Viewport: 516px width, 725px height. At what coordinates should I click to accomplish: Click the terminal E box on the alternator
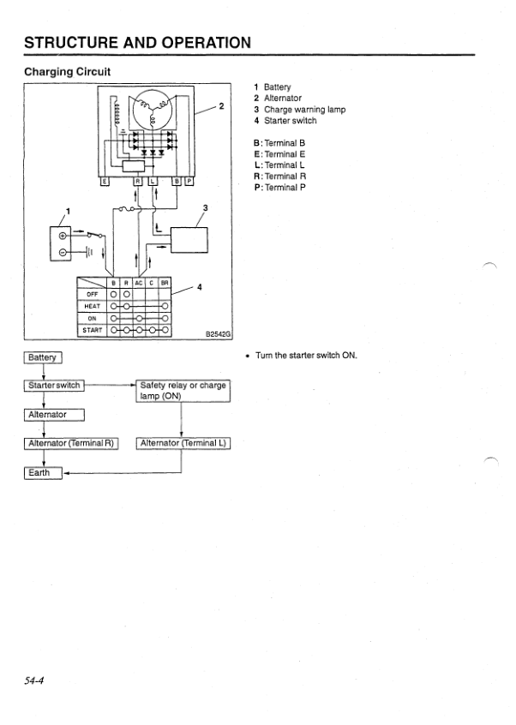[x=105, y=182]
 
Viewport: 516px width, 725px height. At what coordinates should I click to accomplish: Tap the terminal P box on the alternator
[x=190, y=182]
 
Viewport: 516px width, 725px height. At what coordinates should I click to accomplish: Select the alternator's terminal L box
[x=153, y=182]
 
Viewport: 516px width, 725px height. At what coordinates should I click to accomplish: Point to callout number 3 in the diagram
[x=205, y=208]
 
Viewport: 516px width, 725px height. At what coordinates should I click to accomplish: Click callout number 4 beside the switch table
[x=200, y=287]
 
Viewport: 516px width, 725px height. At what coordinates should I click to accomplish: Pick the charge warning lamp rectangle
[x=189, y=239]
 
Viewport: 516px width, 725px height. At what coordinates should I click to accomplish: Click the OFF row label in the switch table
[x=93, y=294]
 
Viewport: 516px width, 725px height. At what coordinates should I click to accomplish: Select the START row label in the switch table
[x=93, y=330]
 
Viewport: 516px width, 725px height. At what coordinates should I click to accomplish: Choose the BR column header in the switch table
[x=165, y=282]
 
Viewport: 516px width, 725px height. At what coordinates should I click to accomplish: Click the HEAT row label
[x=93, y=306]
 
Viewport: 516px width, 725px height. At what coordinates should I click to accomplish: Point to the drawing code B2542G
[x=218, y=335]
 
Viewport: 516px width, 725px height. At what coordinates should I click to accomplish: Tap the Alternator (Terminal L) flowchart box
[x=183, y=443]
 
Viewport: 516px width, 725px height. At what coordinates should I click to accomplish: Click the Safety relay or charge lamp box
[x=183, y=391]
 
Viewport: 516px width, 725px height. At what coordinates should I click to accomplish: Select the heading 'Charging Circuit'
[x=68, y=71]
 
